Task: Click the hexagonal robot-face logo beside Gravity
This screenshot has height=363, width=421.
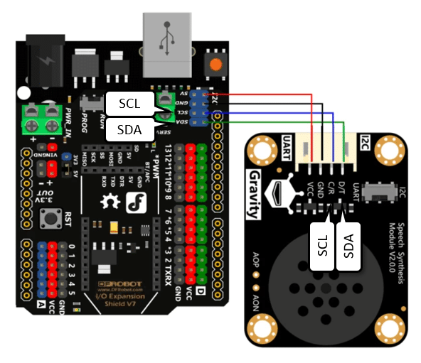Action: coord(279,193)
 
